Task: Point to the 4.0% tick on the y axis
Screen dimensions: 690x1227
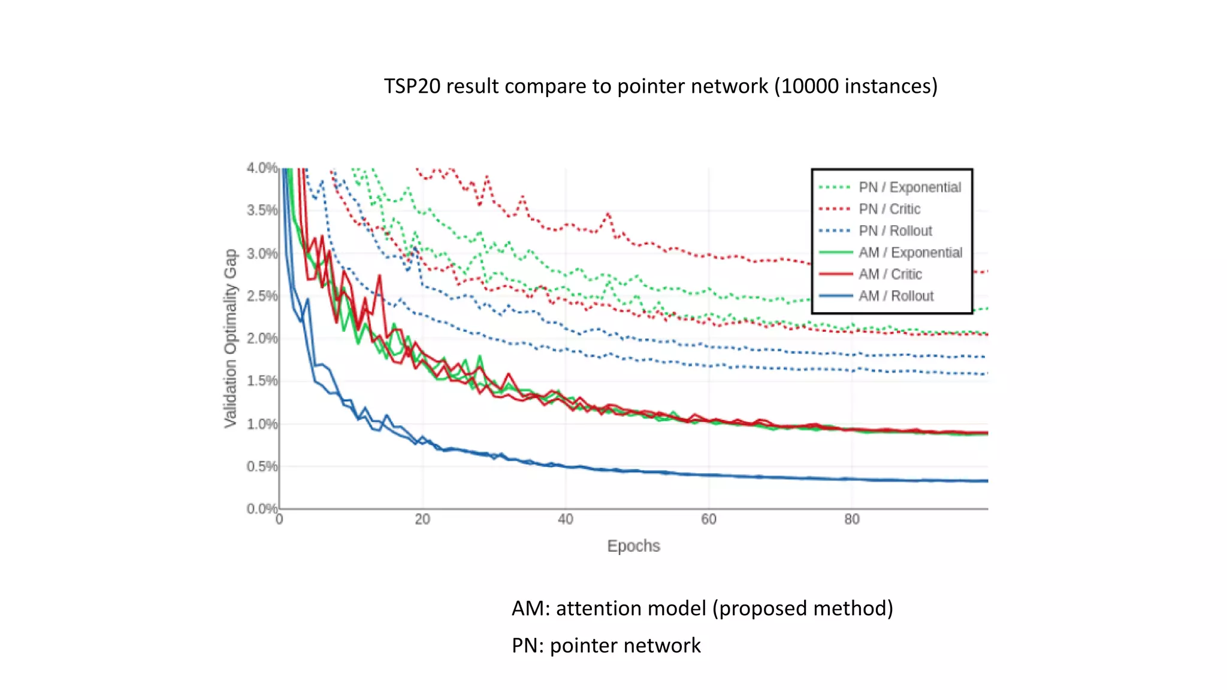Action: point(262,168)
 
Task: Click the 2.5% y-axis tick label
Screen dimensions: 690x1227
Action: point(262,296)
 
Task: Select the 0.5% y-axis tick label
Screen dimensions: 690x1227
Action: point(262,466)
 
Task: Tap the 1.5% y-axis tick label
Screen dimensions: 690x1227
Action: point(262,381)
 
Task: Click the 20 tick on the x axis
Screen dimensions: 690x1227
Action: point(422,519)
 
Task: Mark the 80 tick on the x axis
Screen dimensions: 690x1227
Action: point(851,519)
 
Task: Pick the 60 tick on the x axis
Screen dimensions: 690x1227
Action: point(709,519)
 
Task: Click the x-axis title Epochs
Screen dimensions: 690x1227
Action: point(633,546)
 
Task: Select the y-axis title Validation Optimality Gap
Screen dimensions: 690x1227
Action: point(231,338)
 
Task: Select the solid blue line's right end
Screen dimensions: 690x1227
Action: point(986,481)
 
